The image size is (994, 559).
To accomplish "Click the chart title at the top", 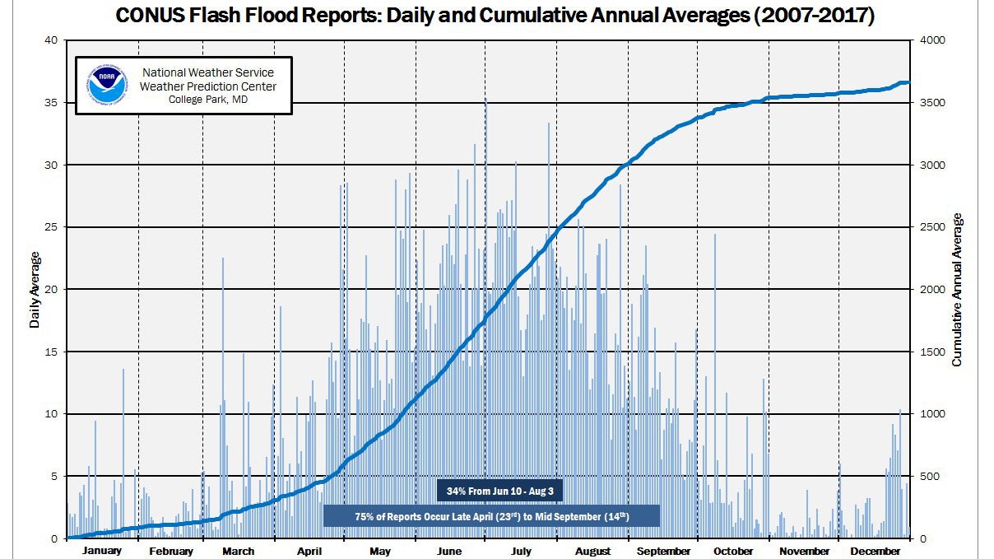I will tap(495, 16).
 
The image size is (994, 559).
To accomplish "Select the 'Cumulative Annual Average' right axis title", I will tap(957, 290).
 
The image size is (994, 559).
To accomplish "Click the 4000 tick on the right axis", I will tap(931, 40).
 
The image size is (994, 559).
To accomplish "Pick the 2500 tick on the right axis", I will tap(931, 227).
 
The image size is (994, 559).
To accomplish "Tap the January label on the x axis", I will tap(102, 551).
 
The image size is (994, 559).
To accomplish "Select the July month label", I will tap(521, 551).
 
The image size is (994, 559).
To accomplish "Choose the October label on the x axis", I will tap(733, 551).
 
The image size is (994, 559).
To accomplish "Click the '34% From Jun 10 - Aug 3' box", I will tap(499, 490).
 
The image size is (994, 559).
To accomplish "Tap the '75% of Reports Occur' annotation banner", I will tap(491, 516).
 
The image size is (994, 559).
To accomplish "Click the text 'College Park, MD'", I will tap(207, 100).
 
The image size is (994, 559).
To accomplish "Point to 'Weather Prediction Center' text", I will tap(207, 86).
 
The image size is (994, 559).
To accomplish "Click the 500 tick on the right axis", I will tap(929, 477).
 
